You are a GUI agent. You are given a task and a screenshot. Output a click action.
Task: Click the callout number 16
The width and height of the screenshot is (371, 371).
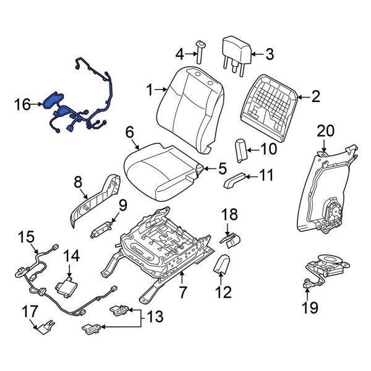(x=22, y=106)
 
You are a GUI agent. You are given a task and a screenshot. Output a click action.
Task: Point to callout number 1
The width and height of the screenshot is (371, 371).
(x=149, y=91)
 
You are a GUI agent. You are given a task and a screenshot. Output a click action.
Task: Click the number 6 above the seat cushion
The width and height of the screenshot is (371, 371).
(x=129, y=132)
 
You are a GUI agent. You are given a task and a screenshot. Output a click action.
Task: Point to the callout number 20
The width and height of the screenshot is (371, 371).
(x=325, y=130)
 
